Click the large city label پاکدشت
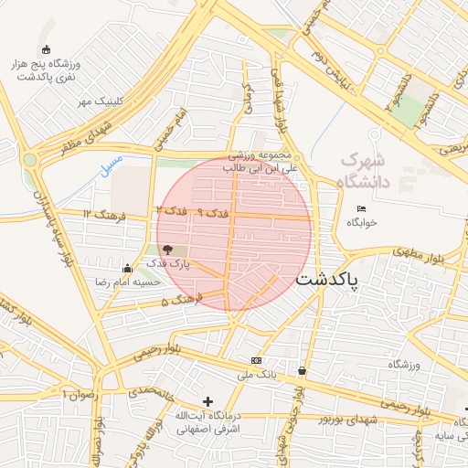[x=326, y=280]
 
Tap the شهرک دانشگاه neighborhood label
[x=365, y=171]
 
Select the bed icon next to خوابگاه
[x=362, y=209]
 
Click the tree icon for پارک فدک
[x=166, y=250]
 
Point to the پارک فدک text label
[x=167, y=264]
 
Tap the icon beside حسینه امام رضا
[x=127, y=269]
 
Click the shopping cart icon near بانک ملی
[x=303, y=370]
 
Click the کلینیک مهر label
[x=98, y=101]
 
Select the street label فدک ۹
[x=212, y=212]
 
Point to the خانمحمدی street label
[x=149, y=390]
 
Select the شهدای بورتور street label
[x=348, y=419]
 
